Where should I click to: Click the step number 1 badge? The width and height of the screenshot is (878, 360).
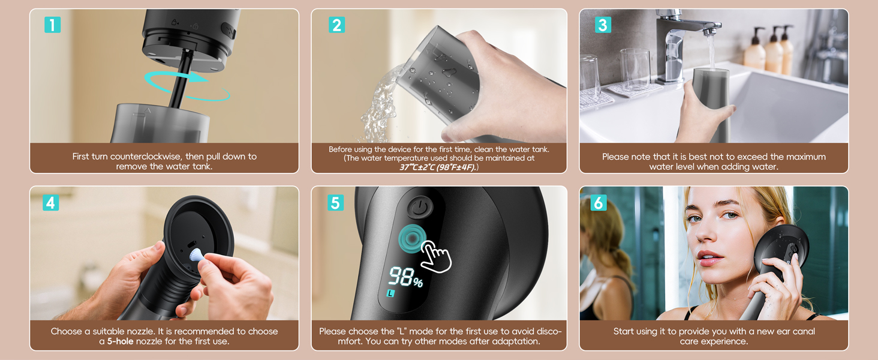53,25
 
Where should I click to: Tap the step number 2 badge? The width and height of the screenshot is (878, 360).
336,25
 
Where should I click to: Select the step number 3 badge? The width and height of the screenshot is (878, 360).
603,25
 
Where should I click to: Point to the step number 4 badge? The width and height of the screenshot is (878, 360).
50,203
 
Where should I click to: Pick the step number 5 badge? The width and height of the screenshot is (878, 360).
335,203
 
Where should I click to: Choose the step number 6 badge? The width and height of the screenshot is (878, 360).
598,203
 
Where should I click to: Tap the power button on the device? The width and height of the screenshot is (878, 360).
419,206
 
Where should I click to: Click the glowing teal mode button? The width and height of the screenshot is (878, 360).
412,238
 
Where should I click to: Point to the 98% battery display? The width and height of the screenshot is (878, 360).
405,277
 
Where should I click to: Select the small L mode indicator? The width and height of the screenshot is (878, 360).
390,293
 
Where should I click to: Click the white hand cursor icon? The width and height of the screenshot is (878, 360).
436,256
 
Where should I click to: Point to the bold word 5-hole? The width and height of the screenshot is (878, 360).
121,341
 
